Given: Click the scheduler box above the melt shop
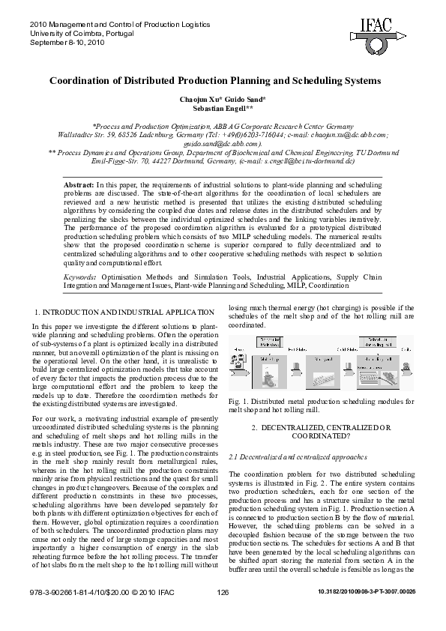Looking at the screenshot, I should pyautogui.click(x=268, y=342).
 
